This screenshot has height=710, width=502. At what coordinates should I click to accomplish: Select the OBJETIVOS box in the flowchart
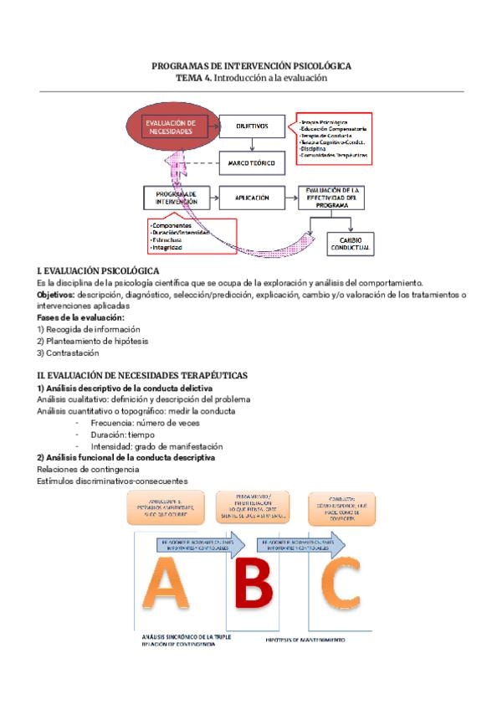pyautogui.click(x=252, y=127)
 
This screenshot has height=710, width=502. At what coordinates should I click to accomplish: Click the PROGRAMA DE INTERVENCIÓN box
pyautogui.click(x=176, y=198)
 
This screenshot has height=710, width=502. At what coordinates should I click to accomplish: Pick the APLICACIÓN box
pyautogui.click(x=252, y=198)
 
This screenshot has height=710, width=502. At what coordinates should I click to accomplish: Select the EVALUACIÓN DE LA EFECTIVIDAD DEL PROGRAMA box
pyautogui.click(x=333, y=198)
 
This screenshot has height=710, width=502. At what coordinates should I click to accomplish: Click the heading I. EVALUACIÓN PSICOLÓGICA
pyautogui.click(x=98, y=270)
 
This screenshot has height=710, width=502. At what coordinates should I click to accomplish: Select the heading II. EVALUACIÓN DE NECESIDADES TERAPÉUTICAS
pyautogui.click(x=141, y=377)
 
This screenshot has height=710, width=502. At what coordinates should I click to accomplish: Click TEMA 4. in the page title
pyautogui.click(x=194, y=78)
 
